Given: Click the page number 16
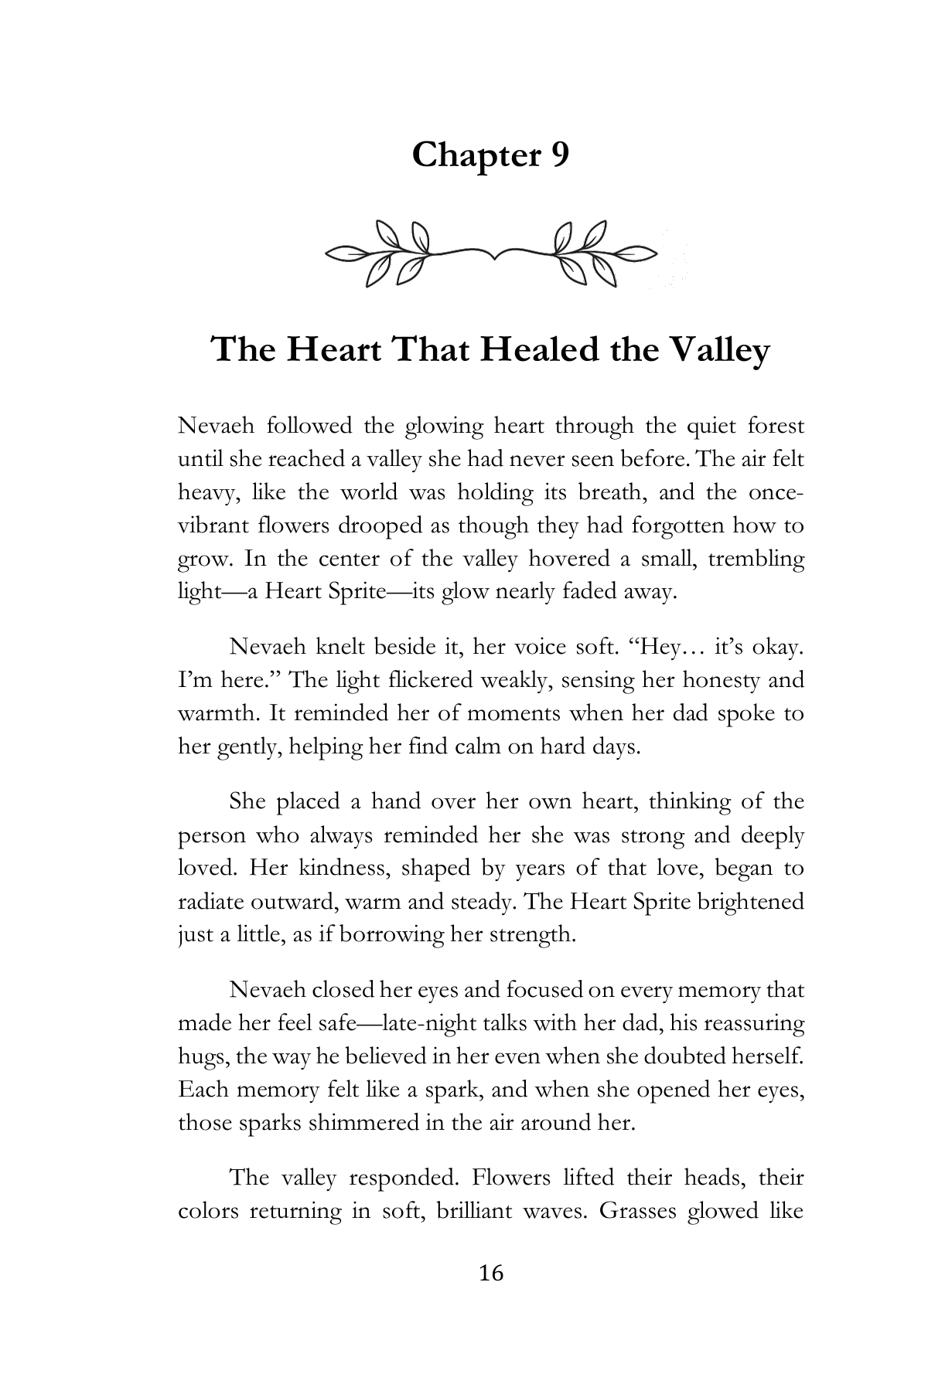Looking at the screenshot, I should coord(491,1273).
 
